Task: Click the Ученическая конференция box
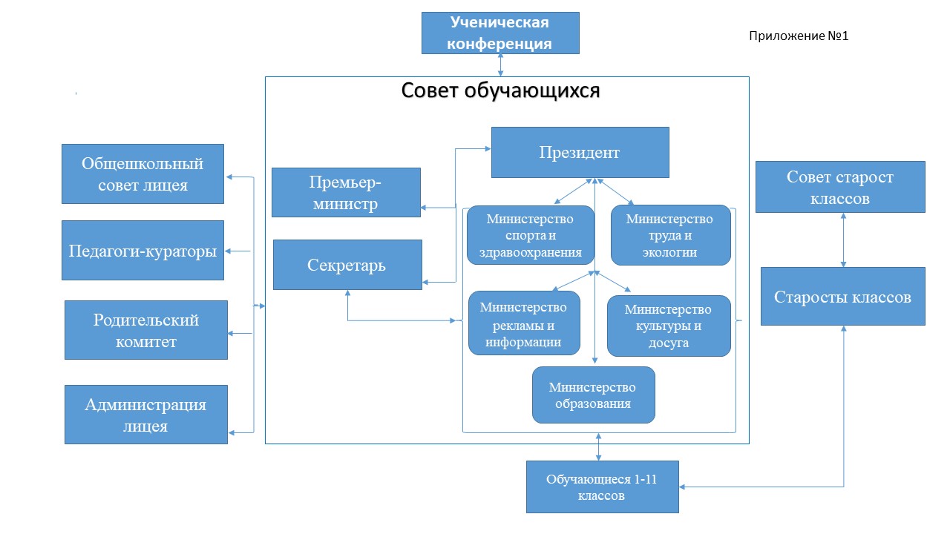coord(500,33)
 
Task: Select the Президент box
coord(580,153)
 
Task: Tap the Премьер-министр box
coord(346,192)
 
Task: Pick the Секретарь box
coord(347,265)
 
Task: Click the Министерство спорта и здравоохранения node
coord(530,236)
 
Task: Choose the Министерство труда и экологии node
coord(670,236)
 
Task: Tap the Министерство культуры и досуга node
coord(668,326)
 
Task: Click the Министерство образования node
coord(593,395)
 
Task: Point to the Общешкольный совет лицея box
coord(142,174)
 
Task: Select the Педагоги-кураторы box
coord(142,251)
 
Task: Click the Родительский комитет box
coord(146,330)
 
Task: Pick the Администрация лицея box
coord(146,415)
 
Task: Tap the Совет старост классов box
coord(840,188)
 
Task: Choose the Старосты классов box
coord(842,297)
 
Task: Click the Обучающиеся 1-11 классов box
coord(602,487)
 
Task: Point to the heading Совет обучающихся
coord(501,90)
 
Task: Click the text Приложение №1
coord(798,36)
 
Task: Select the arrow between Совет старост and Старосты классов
coord(843,240)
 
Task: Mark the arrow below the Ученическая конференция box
coord(501,65)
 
